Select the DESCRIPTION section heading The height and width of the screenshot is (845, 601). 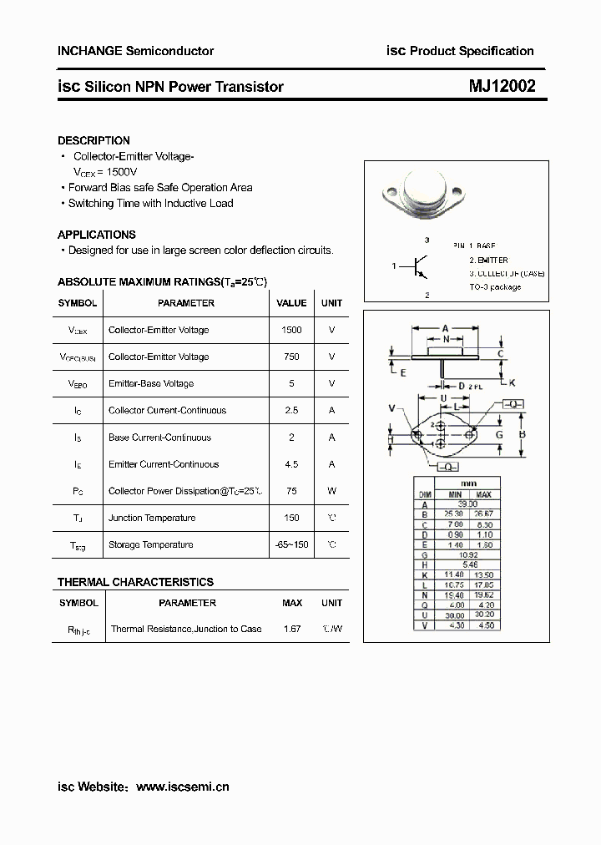pos(93,141)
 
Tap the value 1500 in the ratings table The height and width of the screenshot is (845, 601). pos(291,330)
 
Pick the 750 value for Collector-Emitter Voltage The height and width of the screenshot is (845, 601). pos(291,357)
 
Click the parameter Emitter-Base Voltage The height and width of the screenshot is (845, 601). pos(151,383)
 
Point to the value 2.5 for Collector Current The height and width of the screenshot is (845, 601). pos(291,410)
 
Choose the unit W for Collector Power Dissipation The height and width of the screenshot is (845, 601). pos(331,491)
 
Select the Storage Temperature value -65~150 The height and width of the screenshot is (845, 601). pos(291,544)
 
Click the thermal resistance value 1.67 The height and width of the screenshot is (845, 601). pos(291,629)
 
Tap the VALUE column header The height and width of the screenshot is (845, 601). pos(291,303)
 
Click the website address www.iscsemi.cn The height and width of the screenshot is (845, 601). pos(182,787)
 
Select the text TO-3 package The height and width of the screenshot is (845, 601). pos(495,286)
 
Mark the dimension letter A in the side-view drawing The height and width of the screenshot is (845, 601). pos(446,327)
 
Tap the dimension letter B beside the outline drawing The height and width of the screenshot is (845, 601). pos(522,434)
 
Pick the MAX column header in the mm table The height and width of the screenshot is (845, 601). pos(485,494)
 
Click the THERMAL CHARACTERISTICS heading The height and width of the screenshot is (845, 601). pos(135,582)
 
